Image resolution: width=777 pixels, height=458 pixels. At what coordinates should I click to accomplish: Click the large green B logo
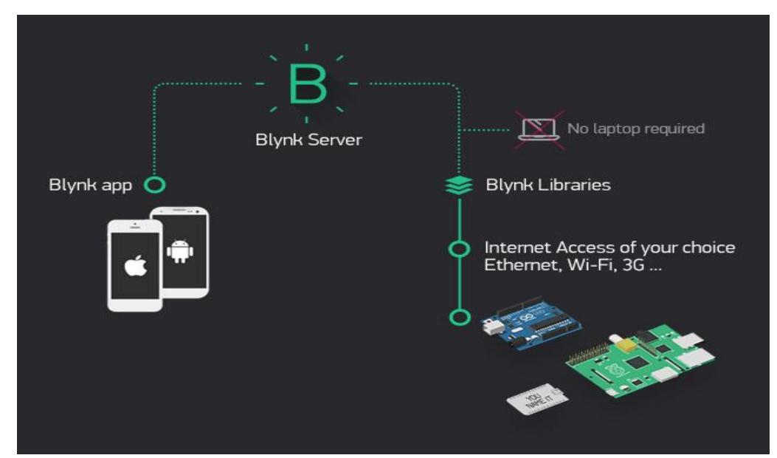tap(306, 85)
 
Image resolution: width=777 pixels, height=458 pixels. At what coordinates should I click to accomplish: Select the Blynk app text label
tap(90, 185)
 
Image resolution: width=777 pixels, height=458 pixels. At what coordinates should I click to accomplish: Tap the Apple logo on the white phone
tap(134, 267)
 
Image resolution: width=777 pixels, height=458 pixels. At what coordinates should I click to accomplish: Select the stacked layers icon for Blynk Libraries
tap(459, 186)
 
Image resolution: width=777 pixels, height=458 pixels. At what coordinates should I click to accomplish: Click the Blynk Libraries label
tap(548, 185)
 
